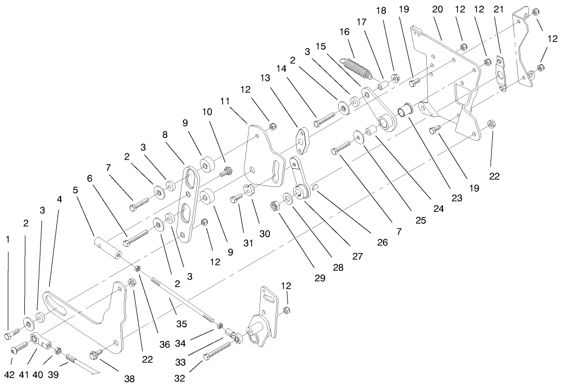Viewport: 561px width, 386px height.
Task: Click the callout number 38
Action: tap(129, 379)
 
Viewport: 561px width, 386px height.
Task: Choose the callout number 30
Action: tap(265, 234)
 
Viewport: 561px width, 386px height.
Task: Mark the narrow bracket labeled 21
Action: tap(501, 74)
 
